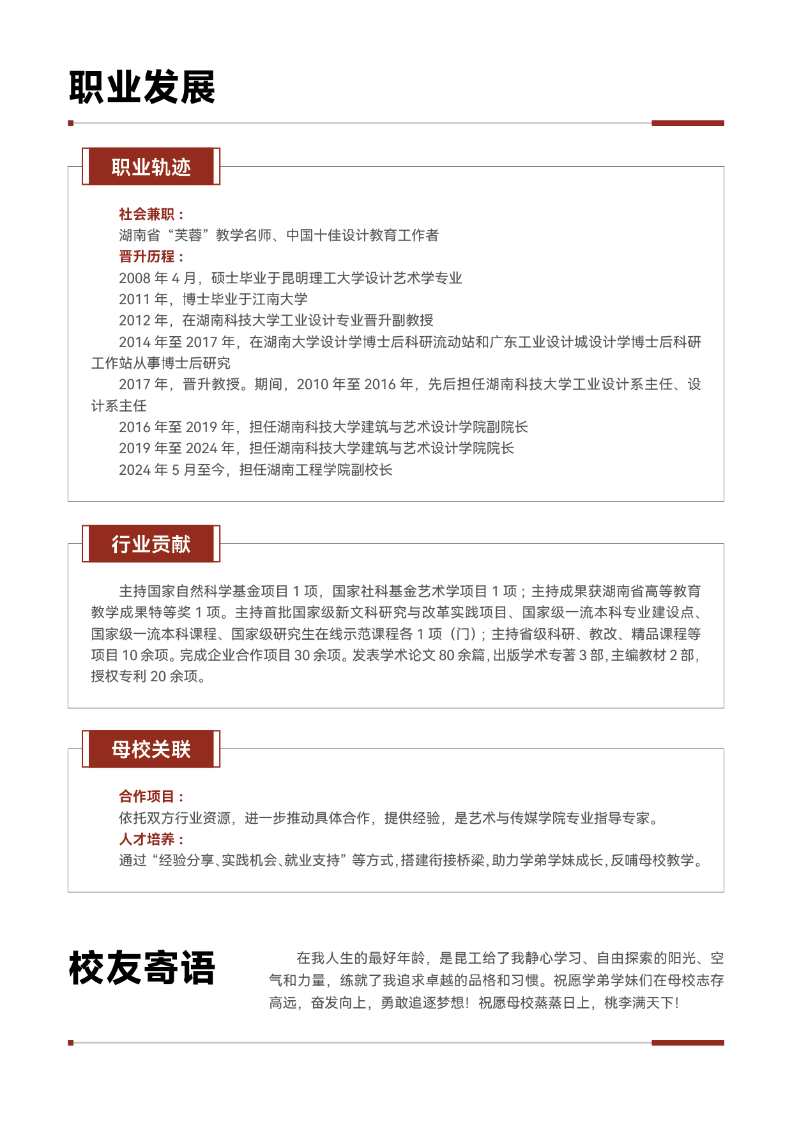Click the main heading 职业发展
point(142,88)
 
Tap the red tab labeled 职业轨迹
point(151,167)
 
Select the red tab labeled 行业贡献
point(151,544)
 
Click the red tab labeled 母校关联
point(151,749)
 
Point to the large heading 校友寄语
point(142,968)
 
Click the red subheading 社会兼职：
point(151,214)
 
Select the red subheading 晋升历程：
point(151,256)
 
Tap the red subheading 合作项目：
point(151,796)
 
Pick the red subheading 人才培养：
point(151,839)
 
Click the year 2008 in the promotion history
point(134,278)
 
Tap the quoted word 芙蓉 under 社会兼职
point(188,235)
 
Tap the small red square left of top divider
point(71,123)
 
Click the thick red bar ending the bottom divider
point(687,1042)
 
